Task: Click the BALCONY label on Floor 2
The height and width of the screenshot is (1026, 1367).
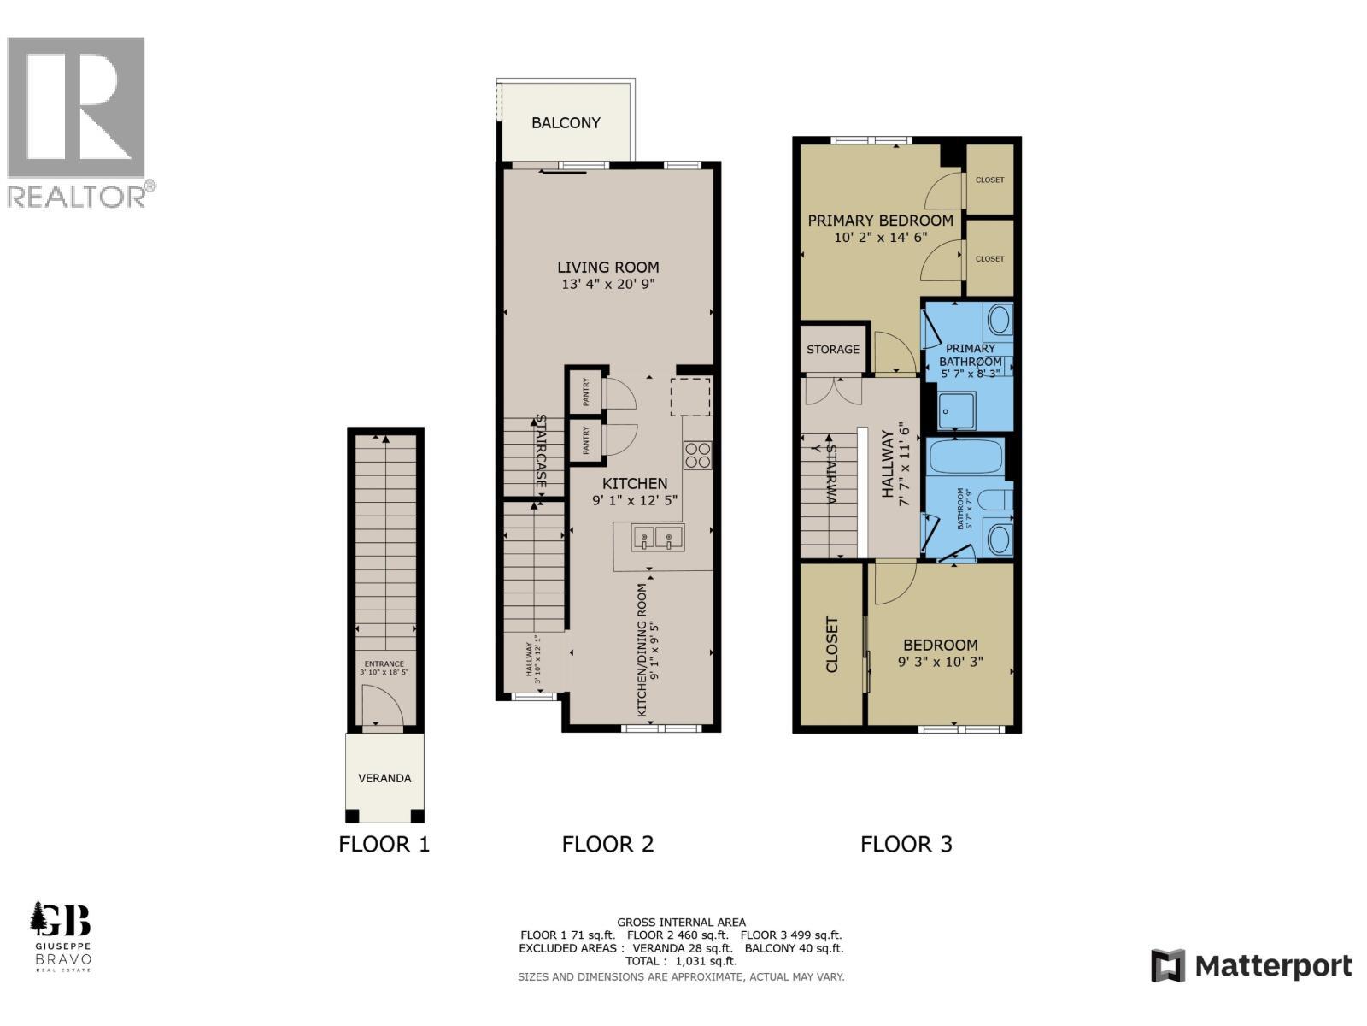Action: coord(566,122)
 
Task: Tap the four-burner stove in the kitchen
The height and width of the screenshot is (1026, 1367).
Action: coord(697,455)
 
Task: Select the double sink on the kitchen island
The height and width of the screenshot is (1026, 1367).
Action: coord(657,538)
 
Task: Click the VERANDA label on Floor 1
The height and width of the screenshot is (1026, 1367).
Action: coord(384,778)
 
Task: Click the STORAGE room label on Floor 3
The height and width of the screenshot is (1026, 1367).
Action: coord(833,349)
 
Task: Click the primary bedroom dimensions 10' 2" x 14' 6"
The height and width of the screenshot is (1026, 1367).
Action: coord(881,238)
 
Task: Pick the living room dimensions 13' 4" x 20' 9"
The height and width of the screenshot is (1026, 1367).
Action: coord(608,285)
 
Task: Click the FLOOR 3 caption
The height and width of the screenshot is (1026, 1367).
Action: coord(906,845)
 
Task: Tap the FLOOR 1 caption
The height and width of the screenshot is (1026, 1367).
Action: coord(384,845)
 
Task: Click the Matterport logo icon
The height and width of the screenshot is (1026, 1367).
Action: coord(1168,966)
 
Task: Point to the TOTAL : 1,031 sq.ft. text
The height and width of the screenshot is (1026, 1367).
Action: coord(681,961)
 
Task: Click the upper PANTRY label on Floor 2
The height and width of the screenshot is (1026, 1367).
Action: coord(586,392)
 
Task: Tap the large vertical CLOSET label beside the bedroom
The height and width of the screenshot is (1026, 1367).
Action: coord(831,645)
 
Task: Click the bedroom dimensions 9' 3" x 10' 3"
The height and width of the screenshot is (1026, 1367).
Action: coord(941,662)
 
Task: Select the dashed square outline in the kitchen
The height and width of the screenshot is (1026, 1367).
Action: coord(690,396)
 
